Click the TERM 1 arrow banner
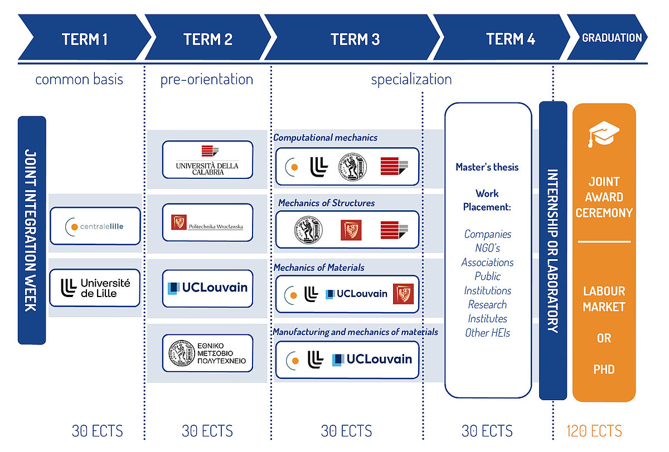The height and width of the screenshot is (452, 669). (85, 37)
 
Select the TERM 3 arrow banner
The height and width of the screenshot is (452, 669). (352, 37)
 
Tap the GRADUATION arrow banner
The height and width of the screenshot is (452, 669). (608, 37)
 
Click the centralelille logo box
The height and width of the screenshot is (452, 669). (95, 226)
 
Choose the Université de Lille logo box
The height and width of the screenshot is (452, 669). (95, 288)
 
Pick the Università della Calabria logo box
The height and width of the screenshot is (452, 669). (207, 160)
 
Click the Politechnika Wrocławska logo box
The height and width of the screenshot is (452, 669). (207, 222)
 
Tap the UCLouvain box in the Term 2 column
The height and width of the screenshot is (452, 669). (207, 288)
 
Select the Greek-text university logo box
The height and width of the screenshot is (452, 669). (207, 353)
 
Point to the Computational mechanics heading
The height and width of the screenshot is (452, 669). (325, 138)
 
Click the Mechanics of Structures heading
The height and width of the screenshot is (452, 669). (327, 203)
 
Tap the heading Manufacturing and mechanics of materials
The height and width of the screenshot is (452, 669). (356, 332)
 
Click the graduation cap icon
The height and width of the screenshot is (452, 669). (604, 134)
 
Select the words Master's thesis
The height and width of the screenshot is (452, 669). (487, 167)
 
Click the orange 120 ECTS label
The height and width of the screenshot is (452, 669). (594, 431)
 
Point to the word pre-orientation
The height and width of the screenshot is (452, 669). (207, 80)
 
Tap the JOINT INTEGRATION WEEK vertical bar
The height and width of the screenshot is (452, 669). (32, 230)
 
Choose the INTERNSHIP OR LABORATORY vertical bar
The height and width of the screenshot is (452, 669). (553, 250)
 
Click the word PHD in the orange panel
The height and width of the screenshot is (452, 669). (604, 370)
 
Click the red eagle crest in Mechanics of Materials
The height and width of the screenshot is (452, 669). (403, 294)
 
